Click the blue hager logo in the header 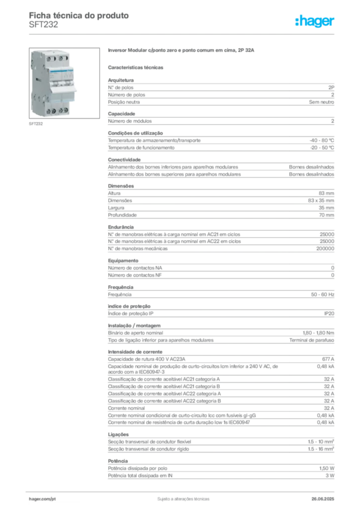(316, 21)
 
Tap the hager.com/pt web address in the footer (42, 498)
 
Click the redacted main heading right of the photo (182, 51)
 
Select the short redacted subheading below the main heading (137, 67)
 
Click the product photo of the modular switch (52, 84)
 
